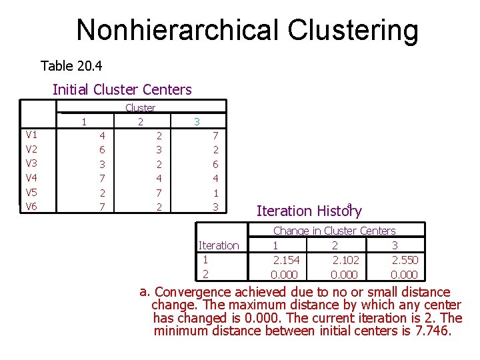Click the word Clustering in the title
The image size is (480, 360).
coord(353,30)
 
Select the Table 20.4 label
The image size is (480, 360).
coord(71,66)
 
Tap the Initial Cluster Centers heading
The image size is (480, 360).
coord(122,89)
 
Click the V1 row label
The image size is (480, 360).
coord(31,135)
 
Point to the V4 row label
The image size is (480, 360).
coord(31,177)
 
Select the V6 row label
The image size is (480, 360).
coord(31,206)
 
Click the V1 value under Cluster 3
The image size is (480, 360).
coord(215,135)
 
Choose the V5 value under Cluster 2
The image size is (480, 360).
coord(159,193)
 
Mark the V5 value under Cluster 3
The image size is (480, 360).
coord(215,193)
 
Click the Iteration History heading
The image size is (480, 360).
coord(309,211)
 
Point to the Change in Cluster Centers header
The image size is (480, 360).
coord(334,231)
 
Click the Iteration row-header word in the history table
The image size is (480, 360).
coord(219,245)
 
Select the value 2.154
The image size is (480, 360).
coord(286,260)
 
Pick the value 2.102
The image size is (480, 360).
coord(345,260)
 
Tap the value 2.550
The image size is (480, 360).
coord(405,260)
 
